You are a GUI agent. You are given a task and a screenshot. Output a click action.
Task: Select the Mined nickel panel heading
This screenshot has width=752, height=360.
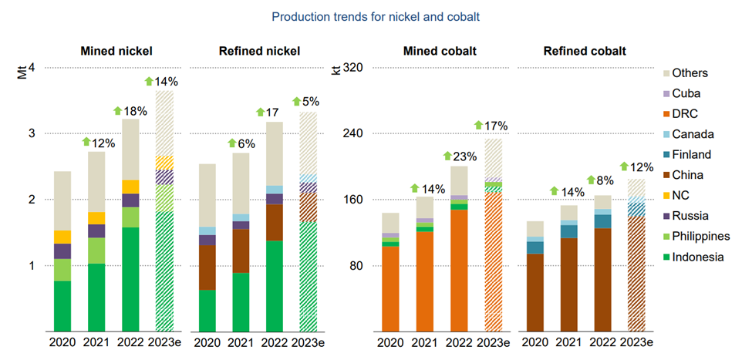pyautogui.click(x=116, y=52)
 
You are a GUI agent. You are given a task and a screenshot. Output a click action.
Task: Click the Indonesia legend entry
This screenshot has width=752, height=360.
pyautogui.click(x=697, y=257)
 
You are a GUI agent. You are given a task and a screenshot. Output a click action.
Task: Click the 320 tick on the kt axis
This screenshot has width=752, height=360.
pyautogui.click(x=352, y=68)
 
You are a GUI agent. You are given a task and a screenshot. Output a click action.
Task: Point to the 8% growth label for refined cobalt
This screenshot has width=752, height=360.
pyautogui.click(x=609, y=180)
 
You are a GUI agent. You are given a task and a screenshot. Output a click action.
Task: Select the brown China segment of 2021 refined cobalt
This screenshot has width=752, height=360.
pyautogui.click(x=569, y=284)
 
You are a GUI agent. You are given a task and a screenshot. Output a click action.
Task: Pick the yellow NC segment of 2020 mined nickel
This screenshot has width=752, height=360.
pyautogui.click(x=62, y=237)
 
